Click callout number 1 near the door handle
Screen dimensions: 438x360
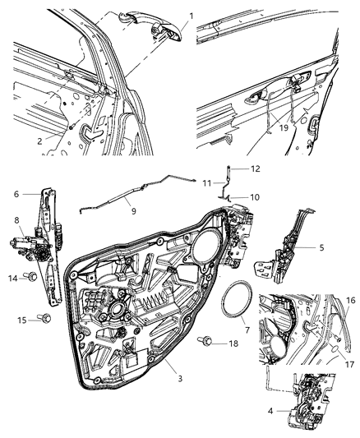click(192, 16)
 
